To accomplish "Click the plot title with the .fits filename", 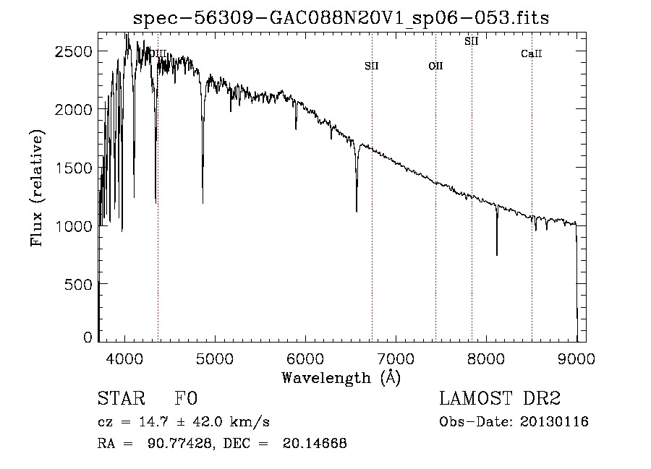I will (x=342, y=17).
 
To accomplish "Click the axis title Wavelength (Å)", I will (x=341, y=377).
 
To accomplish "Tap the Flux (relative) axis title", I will (x=37, y=188).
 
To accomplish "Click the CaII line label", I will (x=532, y=54).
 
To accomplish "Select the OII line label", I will (x=435, y=66).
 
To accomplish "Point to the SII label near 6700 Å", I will (x=372, y=66).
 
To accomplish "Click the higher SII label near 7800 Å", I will (x=471, y=42).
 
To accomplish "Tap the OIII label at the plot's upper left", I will (x=156, y=53).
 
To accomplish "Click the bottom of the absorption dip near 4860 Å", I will (x=203, y=203).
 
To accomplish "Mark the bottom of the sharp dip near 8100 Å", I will (x=497, y=254).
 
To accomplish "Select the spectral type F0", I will (x=187, y=399).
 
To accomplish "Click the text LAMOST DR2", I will (x=500, y=399).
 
